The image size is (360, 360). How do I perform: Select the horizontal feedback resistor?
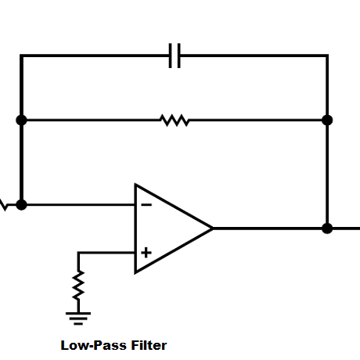click(x=174, y=120)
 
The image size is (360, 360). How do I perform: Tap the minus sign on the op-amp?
click(x=146, y=205)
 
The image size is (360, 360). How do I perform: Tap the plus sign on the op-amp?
click(x=146, y=253)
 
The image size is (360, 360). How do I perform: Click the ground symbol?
click(x=78, y=316)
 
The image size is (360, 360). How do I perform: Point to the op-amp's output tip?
click(x=212, y=229)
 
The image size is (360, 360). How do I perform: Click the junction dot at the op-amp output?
click(x=327, y=229)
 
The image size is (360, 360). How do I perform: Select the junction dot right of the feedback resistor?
click(x=327, y=120)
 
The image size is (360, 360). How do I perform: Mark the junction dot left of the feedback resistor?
click(x=21, y=120)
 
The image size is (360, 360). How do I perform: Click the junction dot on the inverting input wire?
click(x=21, y=205)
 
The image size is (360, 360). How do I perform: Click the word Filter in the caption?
click(x=146, y=344)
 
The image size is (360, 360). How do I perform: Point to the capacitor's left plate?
click(x=171, y=56)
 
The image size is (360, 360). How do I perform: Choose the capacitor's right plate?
click(x=179, y=56)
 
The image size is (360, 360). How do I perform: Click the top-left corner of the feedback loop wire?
click(x=21, y=56)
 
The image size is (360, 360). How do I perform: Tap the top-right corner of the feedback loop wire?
click(x=327, y=56)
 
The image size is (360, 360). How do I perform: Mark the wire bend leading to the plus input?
click(x=78, y=253)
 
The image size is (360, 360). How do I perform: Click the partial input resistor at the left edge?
click(x=3, y=206)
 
